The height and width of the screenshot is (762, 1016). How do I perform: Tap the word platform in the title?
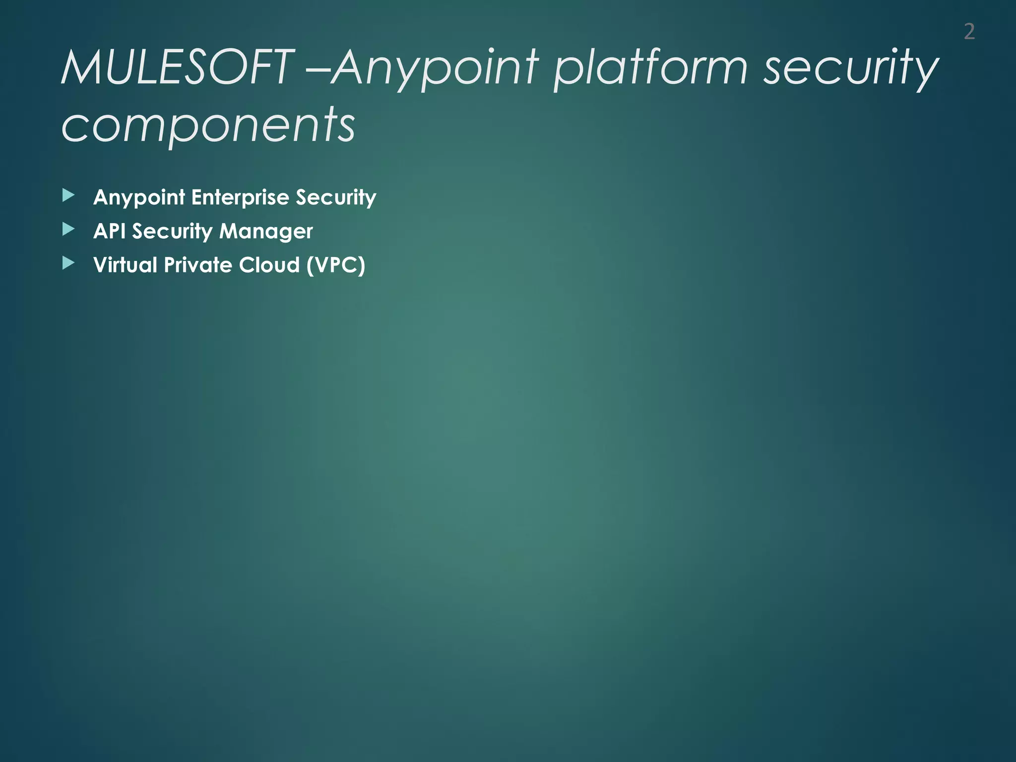coord(650,68)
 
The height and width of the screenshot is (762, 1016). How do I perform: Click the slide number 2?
coord(969,32)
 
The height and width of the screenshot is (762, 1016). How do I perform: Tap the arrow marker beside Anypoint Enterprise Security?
coord(68,195)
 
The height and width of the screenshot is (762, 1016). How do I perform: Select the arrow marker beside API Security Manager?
coord(68,229)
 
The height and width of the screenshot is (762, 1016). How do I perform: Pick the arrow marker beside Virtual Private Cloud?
coord(68,263)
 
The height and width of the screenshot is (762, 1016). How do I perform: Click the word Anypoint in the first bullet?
coord(139,197)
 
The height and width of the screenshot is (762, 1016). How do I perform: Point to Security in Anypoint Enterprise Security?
coord(336,197)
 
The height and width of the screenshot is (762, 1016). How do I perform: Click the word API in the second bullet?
coord(109,231)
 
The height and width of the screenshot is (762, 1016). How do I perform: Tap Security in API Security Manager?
coord(172,231)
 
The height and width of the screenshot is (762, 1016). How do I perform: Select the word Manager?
coord(266,231)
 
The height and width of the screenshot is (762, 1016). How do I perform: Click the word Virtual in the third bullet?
coord(125,265)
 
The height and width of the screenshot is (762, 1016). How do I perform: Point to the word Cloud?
coord(269,265)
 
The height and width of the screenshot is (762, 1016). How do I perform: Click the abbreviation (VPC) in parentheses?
coord(336,265)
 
